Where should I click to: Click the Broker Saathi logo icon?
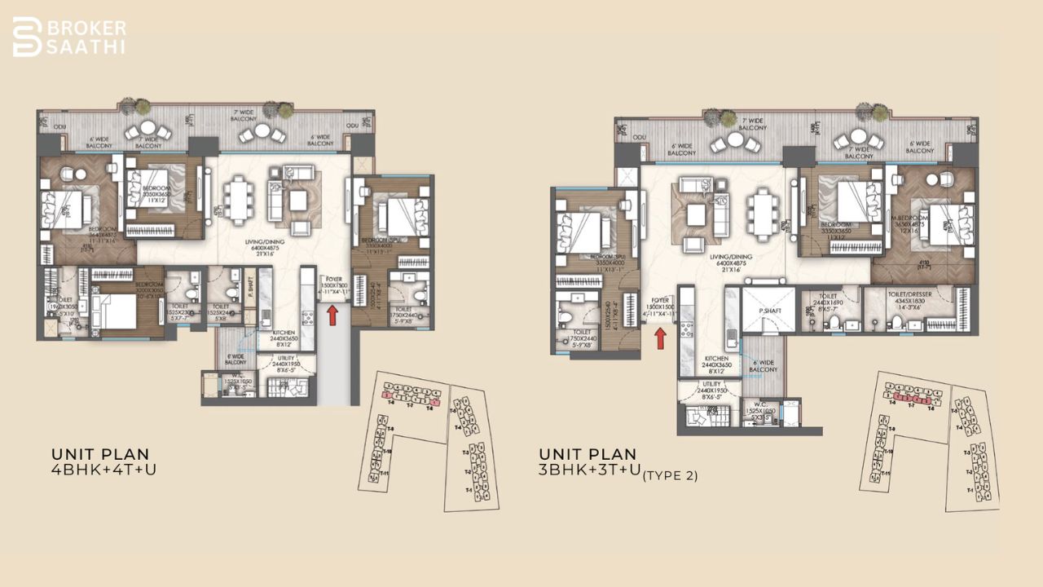[x=27, y=37]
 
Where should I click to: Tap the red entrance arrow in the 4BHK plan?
[x=332, y=314]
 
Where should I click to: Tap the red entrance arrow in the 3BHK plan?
[x=661, y=335]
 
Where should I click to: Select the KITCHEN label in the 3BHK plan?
[x=717, y=359]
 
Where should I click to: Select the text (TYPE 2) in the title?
[x=670, y=476]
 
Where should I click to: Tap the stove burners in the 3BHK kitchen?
[x=687, y=328]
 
